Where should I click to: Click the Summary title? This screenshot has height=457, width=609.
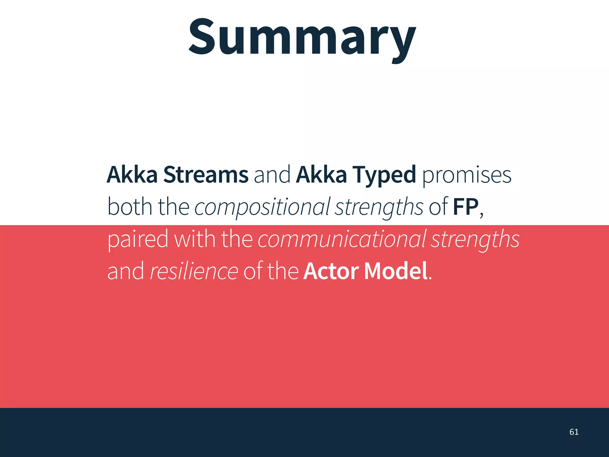(302, 37)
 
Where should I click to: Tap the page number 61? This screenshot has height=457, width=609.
(574, 432)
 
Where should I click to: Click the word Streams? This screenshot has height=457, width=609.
(206, 175)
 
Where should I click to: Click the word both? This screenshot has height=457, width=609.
(130, 207)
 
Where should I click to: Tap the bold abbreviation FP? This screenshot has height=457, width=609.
(466, 207)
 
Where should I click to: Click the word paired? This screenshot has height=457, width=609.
(138, 240)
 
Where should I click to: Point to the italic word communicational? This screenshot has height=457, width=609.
(342, 240)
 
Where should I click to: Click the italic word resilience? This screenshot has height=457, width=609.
(194, 271)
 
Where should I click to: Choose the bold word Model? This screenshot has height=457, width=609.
(396, 271)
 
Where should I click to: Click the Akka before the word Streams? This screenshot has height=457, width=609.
(132, 175)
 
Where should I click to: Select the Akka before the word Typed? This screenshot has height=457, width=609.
(321, 175)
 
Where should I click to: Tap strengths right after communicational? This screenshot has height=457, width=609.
(475, 240)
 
